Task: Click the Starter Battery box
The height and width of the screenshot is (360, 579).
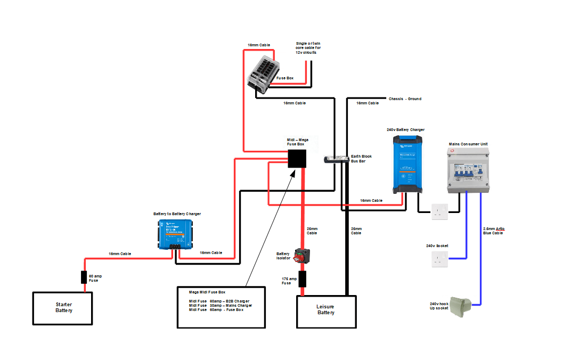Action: pos(63,307)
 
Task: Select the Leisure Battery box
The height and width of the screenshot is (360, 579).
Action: pos(326,312)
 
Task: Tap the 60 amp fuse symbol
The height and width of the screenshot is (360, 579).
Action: pos(84,277)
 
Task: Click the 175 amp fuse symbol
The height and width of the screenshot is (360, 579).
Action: pos(303,279)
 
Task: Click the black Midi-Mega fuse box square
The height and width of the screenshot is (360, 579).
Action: pos(297,158)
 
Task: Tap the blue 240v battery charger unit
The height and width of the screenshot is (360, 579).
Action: pos(406,163)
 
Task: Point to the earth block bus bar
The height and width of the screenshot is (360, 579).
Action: pos(336,159)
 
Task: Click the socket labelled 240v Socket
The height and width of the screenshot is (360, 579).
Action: pos(439,259)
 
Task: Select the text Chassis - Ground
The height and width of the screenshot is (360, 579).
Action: pos(405,99)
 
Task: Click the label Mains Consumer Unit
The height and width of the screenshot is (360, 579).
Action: pos(468,144)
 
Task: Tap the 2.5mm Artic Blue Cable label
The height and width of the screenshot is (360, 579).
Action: pos(493,231)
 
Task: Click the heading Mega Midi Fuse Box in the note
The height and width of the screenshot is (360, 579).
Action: pos(207,292)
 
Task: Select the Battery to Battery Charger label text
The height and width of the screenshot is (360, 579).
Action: pos(177,214)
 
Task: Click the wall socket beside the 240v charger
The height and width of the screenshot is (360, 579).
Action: pos(439,211)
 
